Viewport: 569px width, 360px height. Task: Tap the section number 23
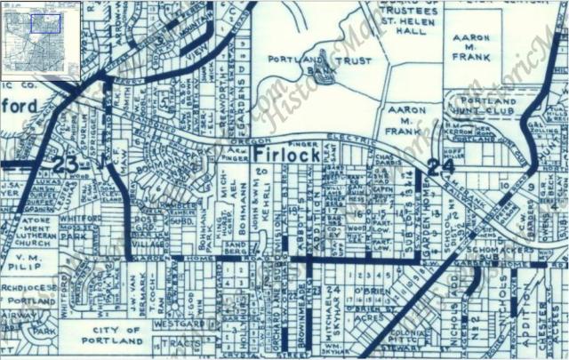coord(65,164)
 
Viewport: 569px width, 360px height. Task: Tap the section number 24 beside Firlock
coord(435,165)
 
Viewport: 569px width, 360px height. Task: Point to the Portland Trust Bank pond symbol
coord(321,75)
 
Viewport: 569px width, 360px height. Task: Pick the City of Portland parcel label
coord(112,335)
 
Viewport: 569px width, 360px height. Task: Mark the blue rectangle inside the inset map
coord(44,23)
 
